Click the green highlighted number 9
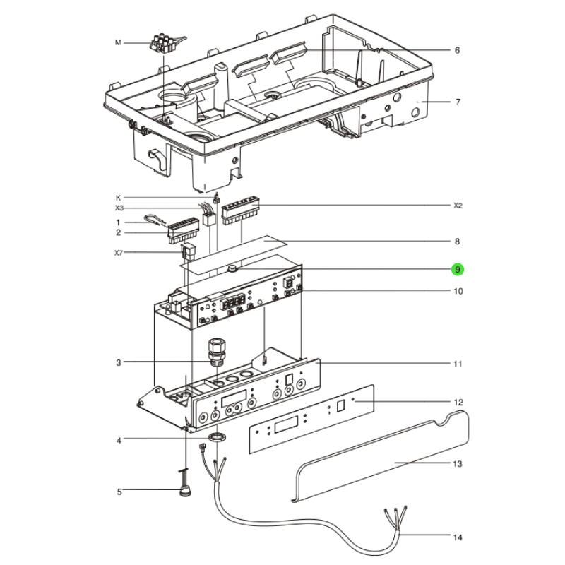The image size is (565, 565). pos(457,270)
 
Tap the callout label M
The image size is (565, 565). pos(118,42)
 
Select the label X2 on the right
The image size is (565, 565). pos(458,206)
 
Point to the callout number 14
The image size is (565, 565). pos(458,537)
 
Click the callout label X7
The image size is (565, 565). pos(119,253)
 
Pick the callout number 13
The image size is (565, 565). pos(458,464)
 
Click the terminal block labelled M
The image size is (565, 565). pos(166,44)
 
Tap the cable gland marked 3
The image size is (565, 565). pos(217,351)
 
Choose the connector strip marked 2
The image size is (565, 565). pos(183,230)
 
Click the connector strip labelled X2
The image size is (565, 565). pos(240,210)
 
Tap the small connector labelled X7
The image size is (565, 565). pos(188,251)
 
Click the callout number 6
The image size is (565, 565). pos(457,50)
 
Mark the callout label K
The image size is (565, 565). pos(118,198)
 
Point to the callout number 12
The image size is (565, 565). pos(458,402)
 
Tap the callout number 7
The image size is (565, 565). pos(458,102)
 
